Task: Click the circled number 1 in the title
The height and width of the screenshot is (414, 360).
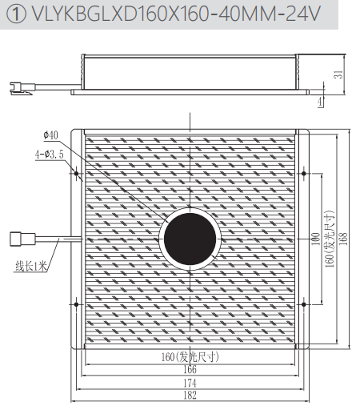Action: pyautogui.click(x=16, y=14)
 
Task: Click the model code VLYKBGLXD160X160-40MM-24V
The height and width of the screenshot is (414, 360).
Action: pyautogui.click(x=176, y=14)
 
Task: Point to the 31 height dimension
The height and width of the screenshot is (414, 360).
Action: pyautogui.click(x=338, y=74)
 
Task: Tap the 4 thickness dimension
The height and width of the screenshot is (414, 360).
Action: pyautogui.click(x=320, y=102)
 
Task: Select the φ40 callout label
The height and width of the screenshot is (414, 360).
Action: pyautogui.click(x=50, y=135)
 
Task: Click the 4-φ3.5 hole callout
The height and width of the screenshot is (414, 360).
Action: pyautogui.click(x=50, y=155)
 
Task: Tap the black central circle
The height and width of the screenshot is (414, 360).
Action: pyautogui.click(x=190, y=239)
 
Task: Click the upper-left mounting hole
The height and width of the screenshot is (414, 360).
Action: pyautogui.click(x=76, y=174)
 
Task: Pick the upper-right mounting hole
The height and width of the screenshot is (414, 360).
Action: pyautogui.click(x=304, y=174)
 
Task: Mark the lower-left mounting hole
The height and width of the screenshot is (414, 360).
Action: pyautogui.click(x=76, y=304)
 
